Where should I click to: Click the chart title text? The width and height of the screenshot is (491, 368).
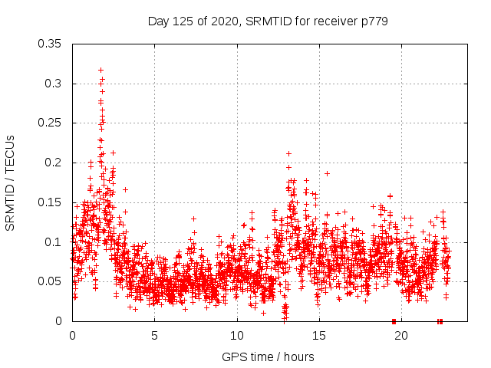(x=268, y=21)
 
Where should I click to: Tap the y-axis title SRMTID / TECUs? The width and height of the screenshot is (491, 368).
(x=11, y=183)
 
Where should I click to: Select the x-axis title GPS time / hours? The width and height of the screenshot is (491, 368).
(x=268, y=356)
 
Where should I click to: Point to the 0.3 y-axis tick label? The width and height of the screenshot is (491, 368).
(x=54, y=84)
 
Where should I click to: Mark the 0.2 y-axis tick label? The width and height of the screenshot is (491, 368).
(x=54, y=163)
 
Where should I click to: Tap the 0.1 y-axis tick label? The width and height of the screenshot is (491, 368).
(x=54, y=242)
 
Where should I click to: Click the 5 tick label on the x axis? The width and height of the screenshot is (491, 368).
(x=154, y=335)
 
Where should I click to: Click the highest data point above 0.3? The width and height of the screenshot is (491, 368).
(x=101, y=70)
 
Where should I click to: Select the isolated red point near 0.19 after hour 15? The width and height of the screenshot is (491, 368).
(x=327, y=173)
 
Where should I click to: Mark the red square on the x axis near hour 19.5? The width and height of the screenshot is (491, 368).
(x=394, y=321)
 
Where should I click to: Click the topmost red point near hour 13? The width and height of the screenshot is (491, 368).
(x=288, y=153)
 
